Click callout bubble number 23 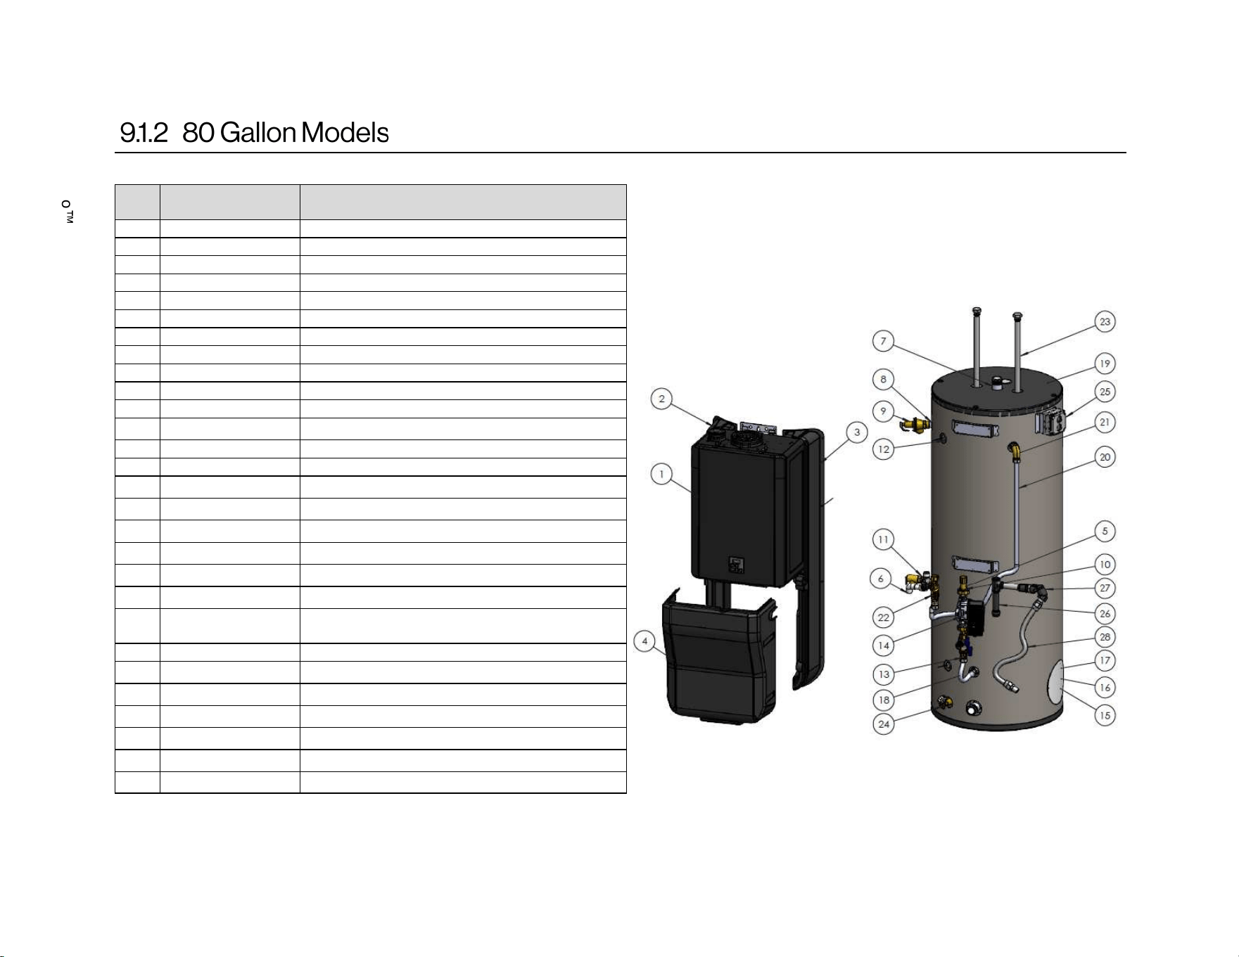point(1105,322)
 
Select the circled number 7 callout point(884,342)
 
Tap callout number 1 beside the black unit point(661,474)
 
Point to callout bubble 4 point(644,641)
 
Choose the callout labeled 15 point(1105,716)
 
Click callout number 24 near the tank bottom point(884,724)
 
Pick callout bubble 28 point(1105,637)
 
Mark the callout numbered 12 point(884,449)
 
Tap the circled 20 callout point(1105,458)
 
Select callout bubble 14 point(884,645)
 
